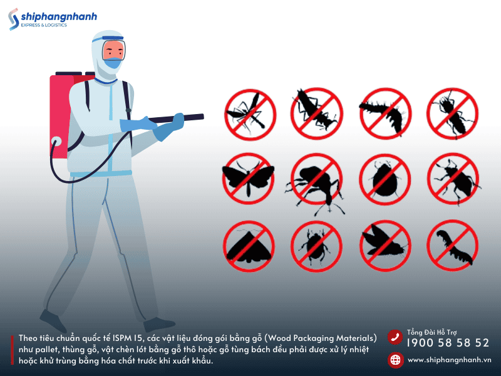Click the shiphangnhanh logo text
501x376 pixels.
(59, 16)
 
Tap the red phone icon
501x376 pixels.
(395, 337)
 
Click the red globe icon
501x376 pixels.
(395, 360)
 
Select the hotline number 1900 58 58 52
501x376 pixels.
(448, 343)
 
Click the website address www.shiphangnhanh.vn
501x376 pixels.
(450, 360)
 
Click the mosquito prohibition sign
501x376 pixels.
(250, 115)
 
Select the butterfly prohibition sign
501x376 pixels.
(249, 179)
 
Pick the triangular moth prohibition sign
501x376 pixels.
(249, 246)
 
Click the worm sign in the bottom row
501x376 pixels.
(452, 246)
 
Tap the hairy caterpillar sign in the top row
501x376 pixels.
(385, 113)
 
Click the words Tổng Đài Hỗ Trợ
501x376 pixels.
(431, 333)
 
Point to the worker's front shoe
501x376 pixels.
(159, 324)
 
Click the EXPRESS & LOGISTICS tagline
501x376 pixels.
(44, 25)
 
